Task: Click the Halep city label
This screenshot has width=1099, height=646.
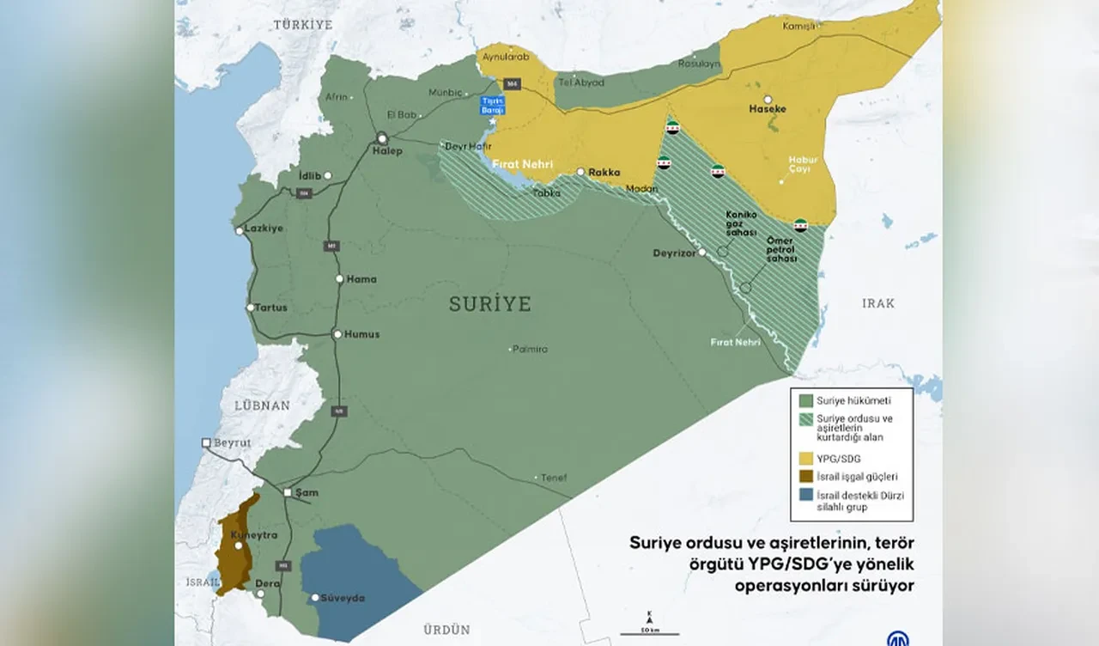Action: click(386, 151)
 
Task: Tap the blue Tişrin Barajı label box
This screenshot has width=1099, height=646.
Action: click(493, 105)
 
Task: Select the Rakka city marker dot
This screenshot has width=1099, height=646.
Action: click(581, 172)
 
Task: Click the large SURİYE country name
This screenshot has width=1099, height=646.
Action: click(489, 303)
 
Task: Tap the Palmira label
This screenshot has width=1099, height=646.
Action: click(530, 349)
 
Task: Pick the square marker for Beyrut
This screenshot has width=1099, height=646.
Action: click(206, 442)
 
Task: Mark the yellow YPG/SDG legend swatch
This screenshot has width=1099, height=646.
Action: click(805, 459)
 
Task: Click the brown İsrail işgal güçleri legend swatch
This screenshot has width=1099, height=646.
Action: click(805, 477)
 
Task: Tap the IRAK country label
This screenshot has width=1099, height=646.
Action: click(878, 303)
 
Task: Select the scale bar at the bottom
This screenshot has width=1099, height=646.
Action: click(649, 634)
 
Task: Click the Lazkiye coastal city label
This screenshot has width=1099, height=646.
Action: click(263, 229)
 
